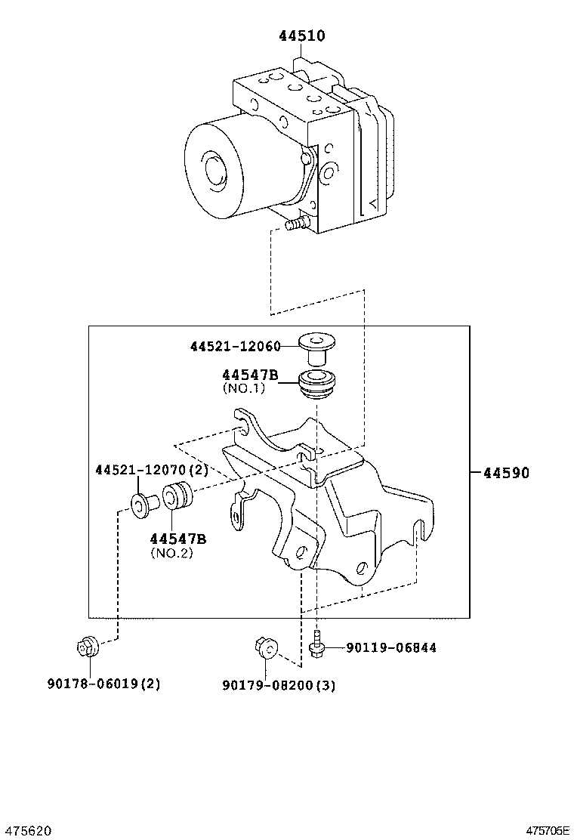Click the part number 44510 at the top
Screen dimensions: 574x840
click(302, 36)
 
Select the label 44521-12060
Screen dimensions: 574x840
click(235, 346)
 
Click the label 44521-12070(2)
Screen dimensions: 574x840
click(152, 470)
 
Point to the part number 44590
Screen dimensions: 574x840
click(506, 473)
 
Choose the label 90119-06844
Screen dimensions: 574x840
click(391, 647)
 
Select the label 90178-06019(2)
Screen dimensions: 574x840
click(104, 684)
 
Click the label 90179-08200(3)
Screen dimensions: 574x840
click(279, 685)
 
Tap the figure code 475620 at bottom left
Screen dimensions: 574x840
click(26, 830)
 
